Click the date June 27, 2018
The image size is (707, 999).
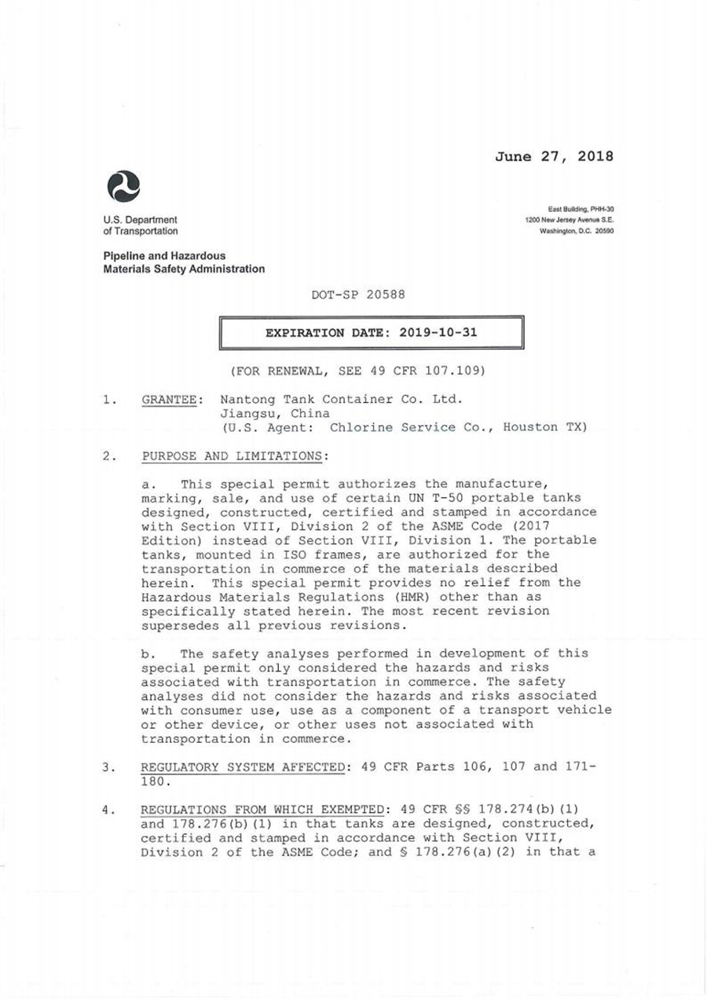click(554, 156)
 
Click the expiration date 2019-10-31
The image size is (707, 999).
click(438, 332)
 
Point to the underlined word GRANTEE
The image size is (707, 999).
click(168, 399)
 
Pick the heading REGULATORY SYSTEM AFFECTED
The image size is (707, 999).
click(243, 767)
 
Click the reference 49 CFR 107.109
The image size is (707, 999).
click(436, 369)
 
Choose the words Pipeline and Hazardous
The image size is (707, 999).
click(164, 256)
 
